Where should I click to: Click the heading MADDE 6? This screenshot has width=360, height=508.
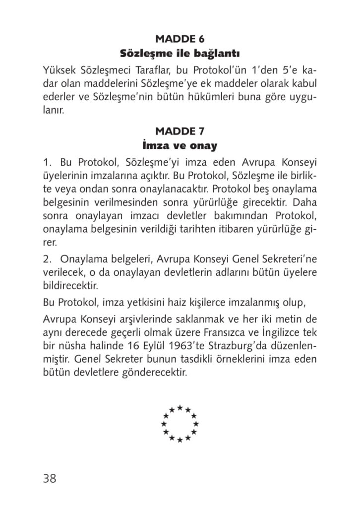click(180, 38)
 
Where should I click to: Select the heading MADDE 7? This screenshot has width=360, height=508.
click(180, 131)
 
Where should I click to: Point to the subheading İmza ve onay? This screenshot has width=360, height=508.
click(180, 146)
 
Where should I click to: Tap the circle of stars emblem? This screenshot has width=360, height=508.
click(180, 424)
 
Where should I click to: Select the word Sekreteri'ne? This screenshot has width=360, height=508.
click(290, 259)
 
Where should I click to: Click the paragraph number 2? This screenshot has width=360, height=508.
click(47, 259)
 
